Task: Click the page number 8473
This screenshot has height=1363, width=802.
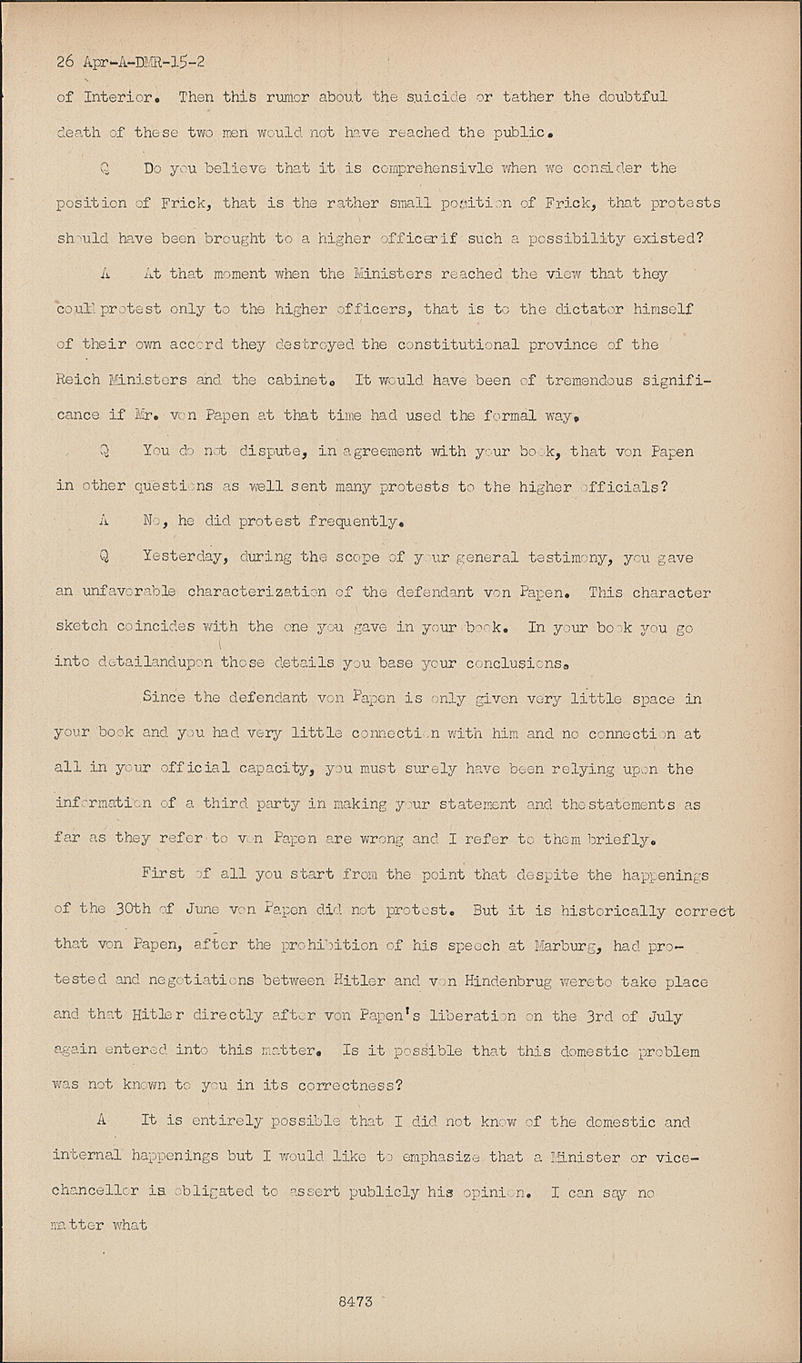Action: tap(355, 1301)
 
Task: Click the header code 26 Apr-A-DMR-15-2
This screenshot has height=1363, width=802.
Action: tap(130, 62)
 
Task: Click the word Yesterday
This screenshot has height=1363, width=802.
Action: tap(187, 557)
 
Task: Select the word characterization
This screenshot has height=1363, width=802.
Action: tap(257, 592)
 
